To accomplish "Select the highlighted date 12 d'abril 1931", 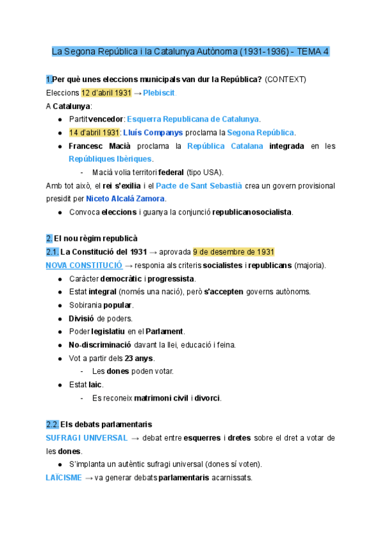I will point(106,93).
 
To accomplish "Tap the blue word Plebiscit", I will point(159,93).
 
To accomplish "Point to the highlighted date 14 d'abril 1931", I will point(94,132).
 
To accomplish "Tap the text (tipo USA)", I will point(205,172).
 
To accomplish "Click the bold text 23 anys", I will point(139,358).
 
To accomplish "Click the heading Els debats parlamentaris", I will point(106,424).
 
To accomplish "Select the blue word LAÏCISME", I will point(64,478).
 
